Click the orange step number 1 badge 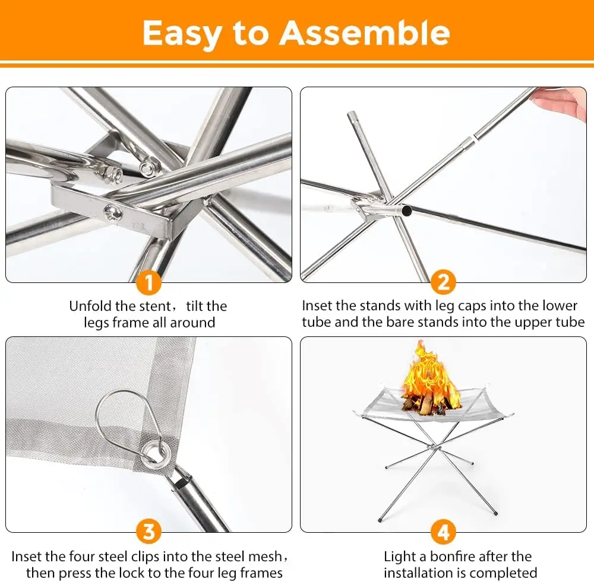149,282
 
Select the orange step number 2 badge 444,282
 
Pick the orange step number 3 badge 149,532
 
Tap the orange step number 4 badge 444,532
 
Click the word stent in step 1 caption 156,306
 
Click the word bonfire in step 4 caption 456,556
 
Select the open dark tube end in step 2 406,211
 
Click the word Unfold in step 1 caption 90,306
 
